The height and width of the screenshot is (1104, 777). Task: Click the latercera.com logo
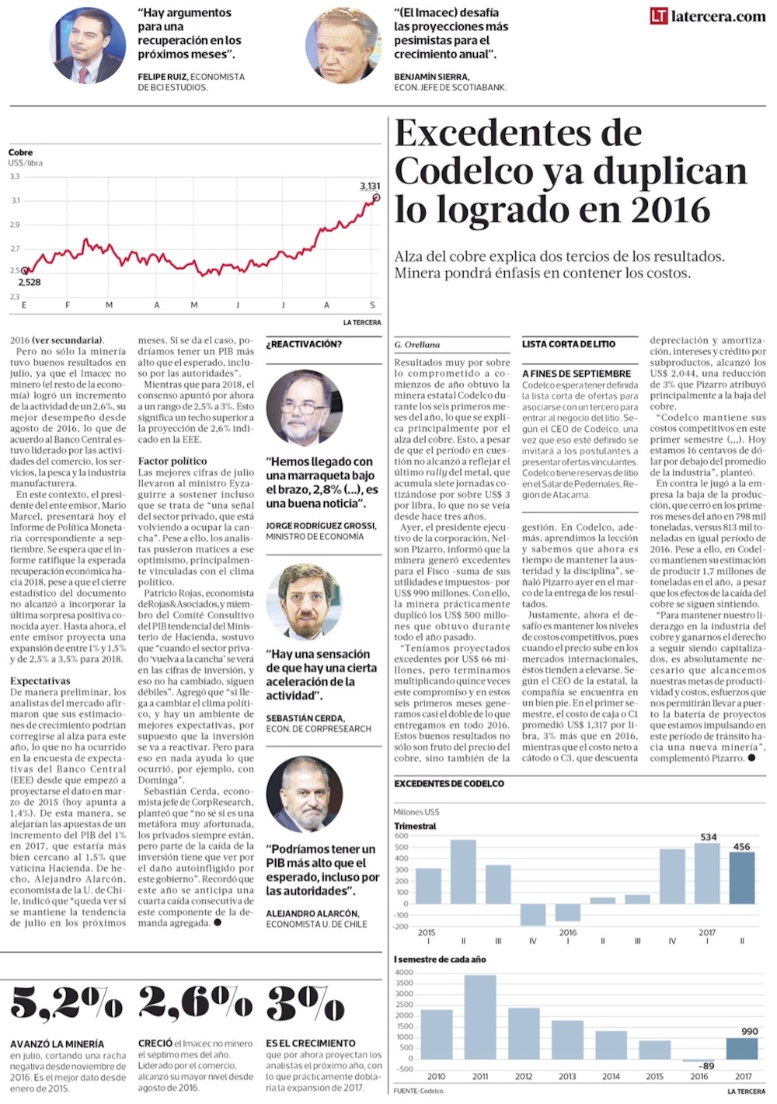[x=708, y=16]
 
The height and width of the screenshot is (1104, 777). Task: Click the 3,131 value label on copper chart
[x=370, y=186]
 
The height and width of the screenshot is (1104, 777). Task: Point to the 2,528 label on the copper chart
[x=30, y=282]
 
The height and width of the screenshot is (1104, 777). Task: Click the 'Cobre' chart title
[x=21, y=153]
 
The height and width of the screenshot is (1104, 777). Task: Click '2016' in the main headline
[x=670, y=210]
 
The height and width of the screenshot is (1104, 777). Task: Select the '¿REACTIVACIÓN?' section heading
[x=304, y=344]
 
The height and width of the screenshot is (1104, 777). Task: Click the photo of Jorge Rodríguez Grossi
[x=305, y=407]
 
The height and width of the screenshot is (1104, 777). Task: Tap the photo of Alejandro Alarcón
[x=305, y=794]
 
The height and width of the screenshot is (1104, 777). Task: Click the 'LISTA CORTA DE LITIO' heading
[x=569, y=344]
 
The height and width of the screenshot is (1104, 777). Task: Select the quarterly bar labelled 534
[x=707, y=873]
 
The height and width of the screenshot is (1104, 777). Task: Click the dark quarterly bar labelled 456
[x=742, y=878]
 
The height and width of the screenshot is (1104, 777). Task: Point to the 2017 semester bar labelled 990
[x=742, y=1048]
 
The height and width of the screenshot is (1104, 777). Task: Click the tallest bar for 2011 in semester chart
[x=480, y=1016]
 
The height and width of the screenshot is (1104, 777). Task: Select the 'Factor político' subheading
[x=172, y=461]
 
